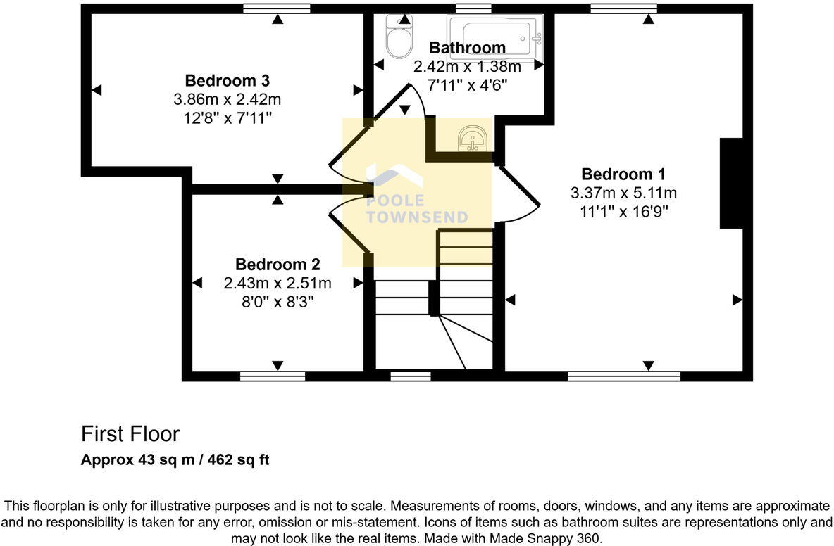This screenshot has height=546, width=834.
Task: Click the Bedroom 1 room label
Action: pos(623,174)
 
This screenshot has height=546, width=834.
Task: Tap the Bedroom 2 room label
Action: pos(278,265)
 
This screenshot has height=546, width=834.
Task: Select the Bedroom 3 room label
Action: pos(227,80)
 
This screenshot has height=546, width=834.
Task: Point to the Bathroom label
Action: pos(467,48)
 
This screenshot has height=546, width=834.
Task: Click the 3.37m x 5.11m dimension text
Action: pos(623,193)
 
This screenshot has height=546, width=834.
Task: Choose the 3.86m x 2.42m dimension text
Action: pos(227,99)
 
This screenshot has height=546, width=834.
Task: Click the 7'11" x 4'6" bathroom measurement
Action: pos(467,85)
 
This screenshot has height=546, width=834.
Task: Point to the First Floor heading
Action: pos(130,433)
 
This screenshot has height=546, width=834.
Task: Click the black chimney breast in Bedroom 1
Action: pos(731,184)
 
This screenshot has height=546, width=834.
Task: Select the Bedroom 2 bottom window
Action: pos(273,376)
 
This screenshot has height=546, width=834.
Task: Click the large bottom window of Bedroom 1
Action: pos(624,376)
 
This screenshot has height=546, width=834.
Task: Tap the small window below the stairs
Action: pos(411,376)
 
